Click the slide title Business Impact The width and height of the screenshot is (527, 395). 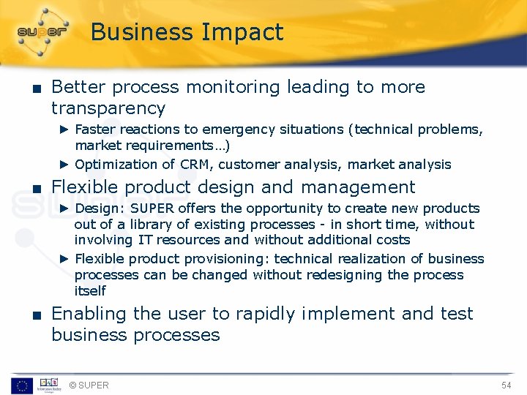(187, 33)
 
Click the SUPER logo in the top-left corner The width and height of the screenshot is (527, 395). (42, 31)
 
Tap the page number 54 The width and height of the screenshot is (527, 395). (506, 385)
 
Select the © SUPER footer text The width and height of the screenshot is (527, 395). (89, 385)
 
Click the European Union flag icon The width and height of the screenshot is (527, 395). (21, 385)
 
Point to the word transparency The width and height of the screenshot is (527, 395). (108, 108)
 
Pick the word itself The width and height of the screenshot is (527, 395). (90, 291)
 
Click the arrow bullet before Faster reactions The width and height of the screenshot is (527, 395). (64, 129)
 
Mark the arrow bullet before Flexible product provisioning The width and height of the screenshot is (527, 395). (64, 259)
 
